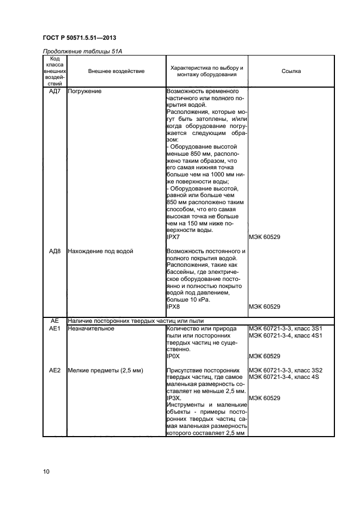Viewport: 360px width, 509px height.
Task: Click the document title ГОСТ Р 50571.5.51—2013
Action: point(79,38)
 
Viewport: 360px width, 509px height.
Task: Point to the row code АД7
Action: point(54,91)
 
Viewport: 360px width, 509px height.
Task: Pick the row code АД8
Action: point(54,252)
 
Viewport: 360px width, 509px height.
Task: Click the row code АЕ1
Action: point(54,329)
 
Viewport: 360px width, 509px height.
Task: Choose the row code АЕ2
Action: point(54,370)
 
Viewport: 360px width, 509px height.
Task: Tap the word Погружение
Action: point(85,91)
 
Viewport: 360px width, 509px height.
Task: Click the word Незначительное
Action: point(90,329)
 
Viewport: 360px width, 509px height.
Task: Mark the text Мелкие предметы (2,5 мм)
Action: point(105,370)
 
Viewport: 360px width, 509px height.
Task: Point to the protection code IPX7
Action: point(173,237)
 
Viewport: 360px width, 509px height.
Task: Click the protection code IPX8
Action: point(173,306)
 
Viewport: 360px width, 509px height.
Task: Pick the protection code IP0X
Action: point(173,357)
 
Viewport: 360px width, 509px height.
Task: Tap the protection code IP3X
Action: point(174,398)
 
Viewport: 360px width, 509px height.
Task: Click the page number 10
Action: point(46,471)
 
